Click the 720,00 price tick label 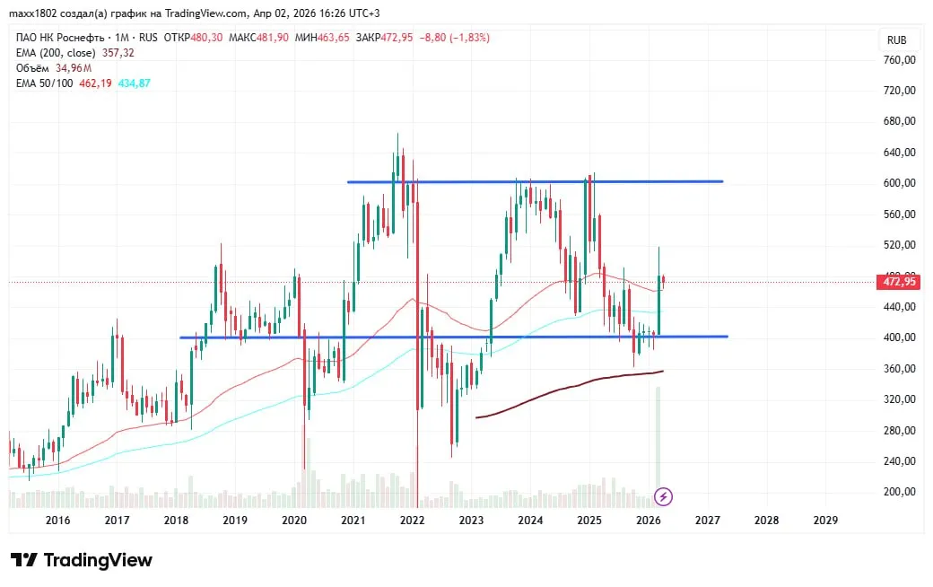pos(898,91)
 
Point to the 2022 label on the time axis pos(412,520)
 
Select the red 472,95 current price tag pos(898,282)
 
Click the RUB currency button pos(896,40)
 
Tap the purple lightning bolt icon pos(663,495)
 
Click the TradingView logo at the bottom pos(82,560)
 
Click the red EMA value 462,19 pos(95,83)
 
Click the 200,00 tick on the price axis pos(898,492)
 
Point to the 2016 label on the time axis pos(57,520)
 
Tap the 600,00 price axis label pos(898,183)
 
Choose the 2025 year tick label pos(589,520)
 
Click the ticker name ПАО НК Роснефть pos(53,38)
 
